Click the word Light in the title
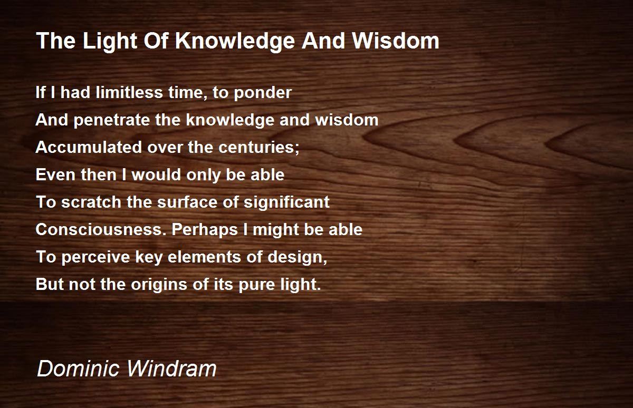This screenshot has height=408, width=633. point(110,41)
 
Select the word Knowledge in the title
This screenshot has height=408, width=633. point(235,41)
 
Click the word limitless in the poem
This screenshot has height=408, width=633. point(129,92)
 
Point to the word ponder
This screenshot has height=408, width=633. point(263,93)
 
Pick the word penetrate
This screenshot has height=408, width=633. point(112,120)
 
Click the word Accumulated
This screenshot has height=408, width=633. point(89,147)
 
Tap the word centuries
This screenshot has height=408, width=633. point(258,147)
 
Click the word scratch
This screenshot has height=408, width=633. point(91,202)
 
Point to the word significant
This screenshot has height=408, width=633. point(286,202)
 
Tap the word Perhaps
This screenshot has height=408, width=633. point(205,229)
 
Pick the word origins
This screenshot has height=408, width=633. point(159,285)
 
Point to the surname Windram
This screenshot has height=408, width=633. point(171,368)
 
